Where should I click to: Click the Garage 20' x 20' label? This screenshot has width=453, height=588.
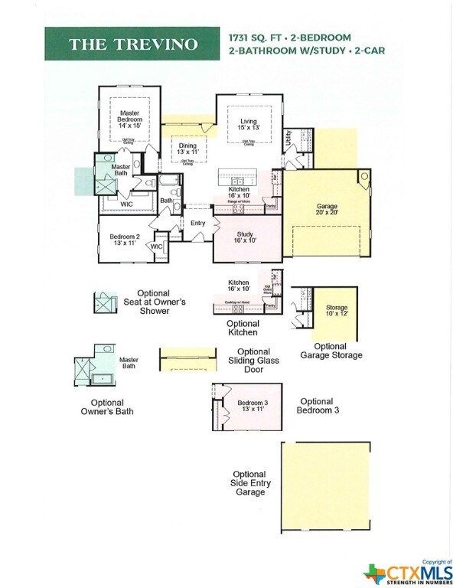pyautogui.click(x=327, y=210)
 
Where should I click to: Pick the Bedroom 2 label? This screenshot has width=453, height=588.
pyautogui.click(x=125, y=239)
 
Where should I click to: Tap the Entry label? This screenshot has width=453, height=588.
pyautogui.click(x=198, y=223)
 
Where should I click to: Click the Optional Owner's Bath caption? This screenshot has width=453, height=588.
pyautogui.click(x=112, y=407)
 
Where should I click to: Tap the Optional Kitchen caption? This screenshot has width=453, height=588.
pyautogui.click(x=243, y=328)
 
